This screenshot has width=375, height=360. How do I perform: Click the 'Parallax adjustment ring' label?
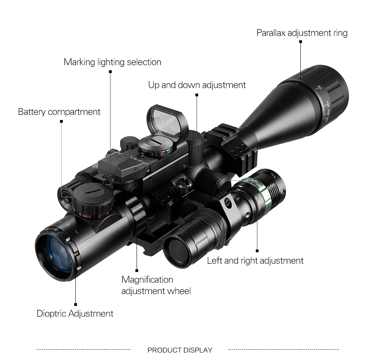point(302,33)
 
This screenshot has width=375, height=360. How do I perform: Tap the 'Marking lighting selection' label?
point(112,62)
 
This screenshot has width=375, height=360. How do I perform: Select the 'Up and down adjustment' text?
point(197,85)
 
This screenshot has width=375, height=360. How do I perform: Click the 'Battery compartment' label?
point(59,112)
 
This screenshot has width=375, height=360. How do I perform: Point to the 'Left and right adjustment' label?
point(255,261)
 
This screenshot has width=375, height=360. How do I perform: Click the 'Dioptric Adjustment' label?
point(75,314)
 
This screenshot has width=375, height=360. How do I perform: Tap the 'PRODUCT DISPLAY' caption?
point(180,350)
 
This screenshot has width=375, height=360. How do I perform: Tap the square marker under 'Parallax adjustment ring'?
point(300,41)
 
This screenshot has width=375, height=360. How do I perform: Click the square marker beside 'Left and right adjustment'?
point(257,251)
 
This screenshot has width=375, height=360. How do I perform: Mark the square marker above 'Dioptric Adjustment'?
point(75,304)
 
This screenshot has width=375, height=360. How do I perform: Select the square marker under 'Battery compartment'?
point(61,121)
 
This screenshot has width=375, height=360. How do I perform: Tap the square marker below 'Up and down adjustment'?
point(197,95)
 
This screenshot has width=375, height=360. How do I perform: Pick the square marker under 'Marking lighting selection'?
point(110,72)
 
